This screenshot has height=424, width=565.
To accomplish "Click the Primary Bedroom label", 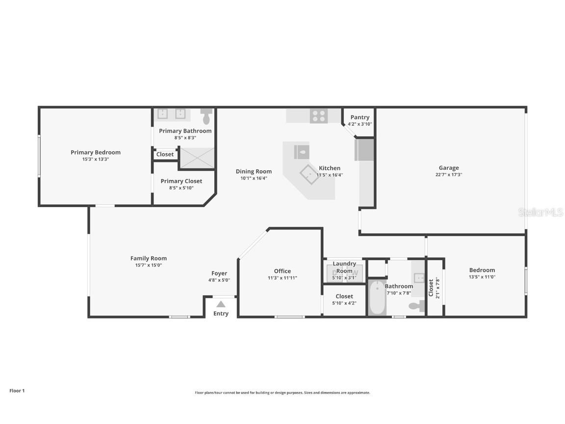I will coord(95,152).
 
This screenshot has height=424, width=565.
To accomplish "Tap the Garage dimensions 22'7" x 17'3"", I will coord(449,175).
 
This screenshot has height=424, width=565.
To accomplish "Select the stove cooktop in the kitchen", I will coord(318,116).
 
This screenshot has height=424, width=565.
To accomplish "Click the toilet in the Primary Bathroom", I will coord(206,117).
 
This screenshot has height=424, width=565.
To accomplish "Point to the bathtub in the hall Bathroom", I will coord(377,297).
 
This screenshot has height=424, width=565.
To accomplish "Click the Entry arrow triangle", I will coord(221,304).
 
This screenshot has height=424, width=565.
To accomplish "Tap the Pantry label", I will coord(360,117).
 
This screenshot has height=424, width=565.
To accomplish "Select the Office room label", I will coord(282,271).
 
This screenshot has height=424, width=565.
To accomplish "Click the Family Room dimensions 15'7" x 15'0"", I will coord(148,265).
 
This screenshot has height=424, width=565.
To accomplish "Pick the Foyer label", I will coord(219,273).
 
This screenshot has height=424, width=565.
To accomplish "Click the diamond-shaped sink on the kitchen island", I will coord(309,174).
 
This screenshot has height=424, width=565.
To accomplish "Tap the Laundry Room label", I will coord(344,267).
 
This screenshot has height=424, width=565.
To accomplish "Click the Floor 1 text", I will coord(17,391).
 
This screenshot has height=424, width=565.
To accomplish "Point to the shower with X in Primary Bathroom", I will coord(197,158).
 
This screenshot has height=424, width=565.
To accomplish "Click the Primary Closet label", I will coord(181,181).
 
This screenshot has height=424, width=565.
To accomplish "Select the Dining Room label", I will coord(253,171).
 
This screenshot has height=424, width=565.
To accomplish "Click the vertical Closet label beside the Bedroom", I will coord(431,288).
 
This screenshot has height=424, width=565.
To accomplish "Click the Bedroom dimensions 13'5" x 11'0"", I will coord(482,277).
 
